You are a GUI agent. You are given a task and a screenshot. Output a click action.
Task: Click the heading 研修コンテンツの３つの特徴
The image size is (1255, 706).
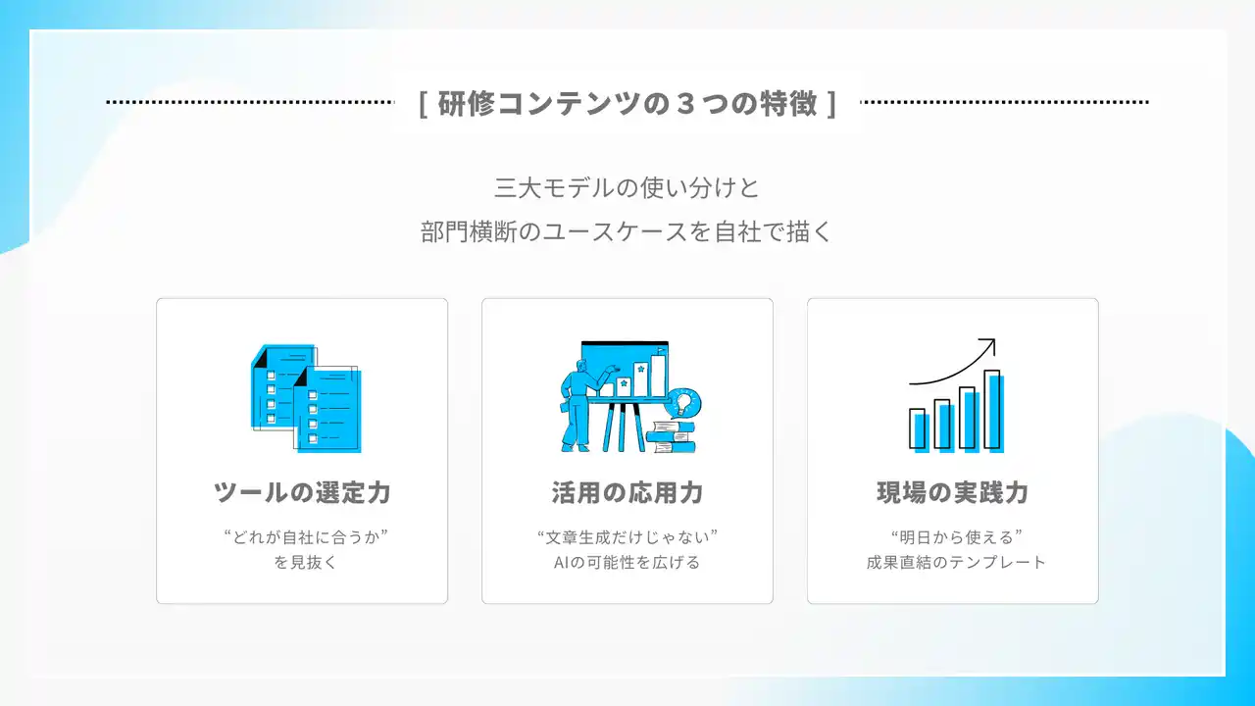coord(627,103)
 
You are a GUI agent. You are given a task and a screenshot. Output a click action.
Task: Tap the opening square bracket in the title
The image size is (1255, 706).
coord(425,104)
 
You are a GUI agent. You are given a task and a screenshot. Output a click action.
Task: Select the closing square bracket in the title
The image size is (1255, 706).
coord(831,104)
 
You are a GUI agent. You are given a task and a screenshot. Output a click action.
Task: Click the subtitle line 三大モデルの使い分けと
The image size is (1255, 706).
coord(627,187)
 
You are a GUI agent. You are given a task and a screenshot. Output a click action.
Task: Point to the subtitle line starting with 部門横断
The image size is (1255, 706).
coord(627,232)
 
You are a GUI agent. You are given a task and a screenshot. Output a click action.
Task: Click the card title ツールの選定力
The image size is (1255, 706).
coord(302,492)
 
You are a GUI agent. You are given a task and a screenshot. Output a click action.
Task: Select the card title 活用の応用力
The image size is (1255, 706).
coord(627,492)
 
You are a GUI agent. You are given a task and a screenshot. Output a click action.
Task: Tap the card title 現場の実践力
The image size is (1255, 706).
coord(953,492)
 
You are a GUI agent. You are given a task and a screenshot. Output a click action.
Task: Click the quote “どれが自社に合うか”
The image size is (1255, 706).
coord(305,536)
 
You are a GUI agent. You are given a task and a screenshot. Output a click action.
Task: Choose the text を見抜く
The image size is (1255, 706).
coord(305,562)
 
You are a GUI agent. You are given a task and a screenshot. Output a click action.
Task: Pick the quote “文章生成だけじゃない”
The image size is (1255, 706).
coord(627,536)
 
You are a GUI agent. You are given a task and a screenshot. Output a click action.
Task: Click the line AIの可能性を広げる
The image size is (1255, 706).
coord(627,562)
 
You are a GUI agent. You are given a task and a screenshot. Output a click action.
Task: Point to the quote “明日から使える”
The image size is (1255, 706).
coord(957,536)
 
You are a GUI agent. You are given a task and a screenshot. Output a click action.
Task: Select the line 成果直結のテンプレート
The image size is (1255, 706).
coord(956,562)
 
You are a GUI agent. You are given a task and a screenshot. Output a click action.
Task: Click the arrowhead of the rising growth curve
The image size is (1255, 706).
coord(989,344)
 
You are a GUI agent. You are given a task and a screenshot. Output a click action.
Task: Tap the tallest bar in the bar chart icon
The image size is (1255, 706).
coord(993,410)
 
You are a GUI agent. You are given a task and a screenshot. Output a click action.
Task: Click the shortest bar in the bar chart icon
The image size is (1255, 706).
coord(919,429)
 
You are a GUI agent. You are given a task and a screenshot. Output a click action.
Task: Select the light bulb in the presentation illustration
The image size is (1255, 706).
coord(683,403)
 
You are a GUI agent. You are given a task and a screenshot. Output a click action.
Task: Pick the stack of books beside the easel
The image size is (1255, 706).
coord(671,437)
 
